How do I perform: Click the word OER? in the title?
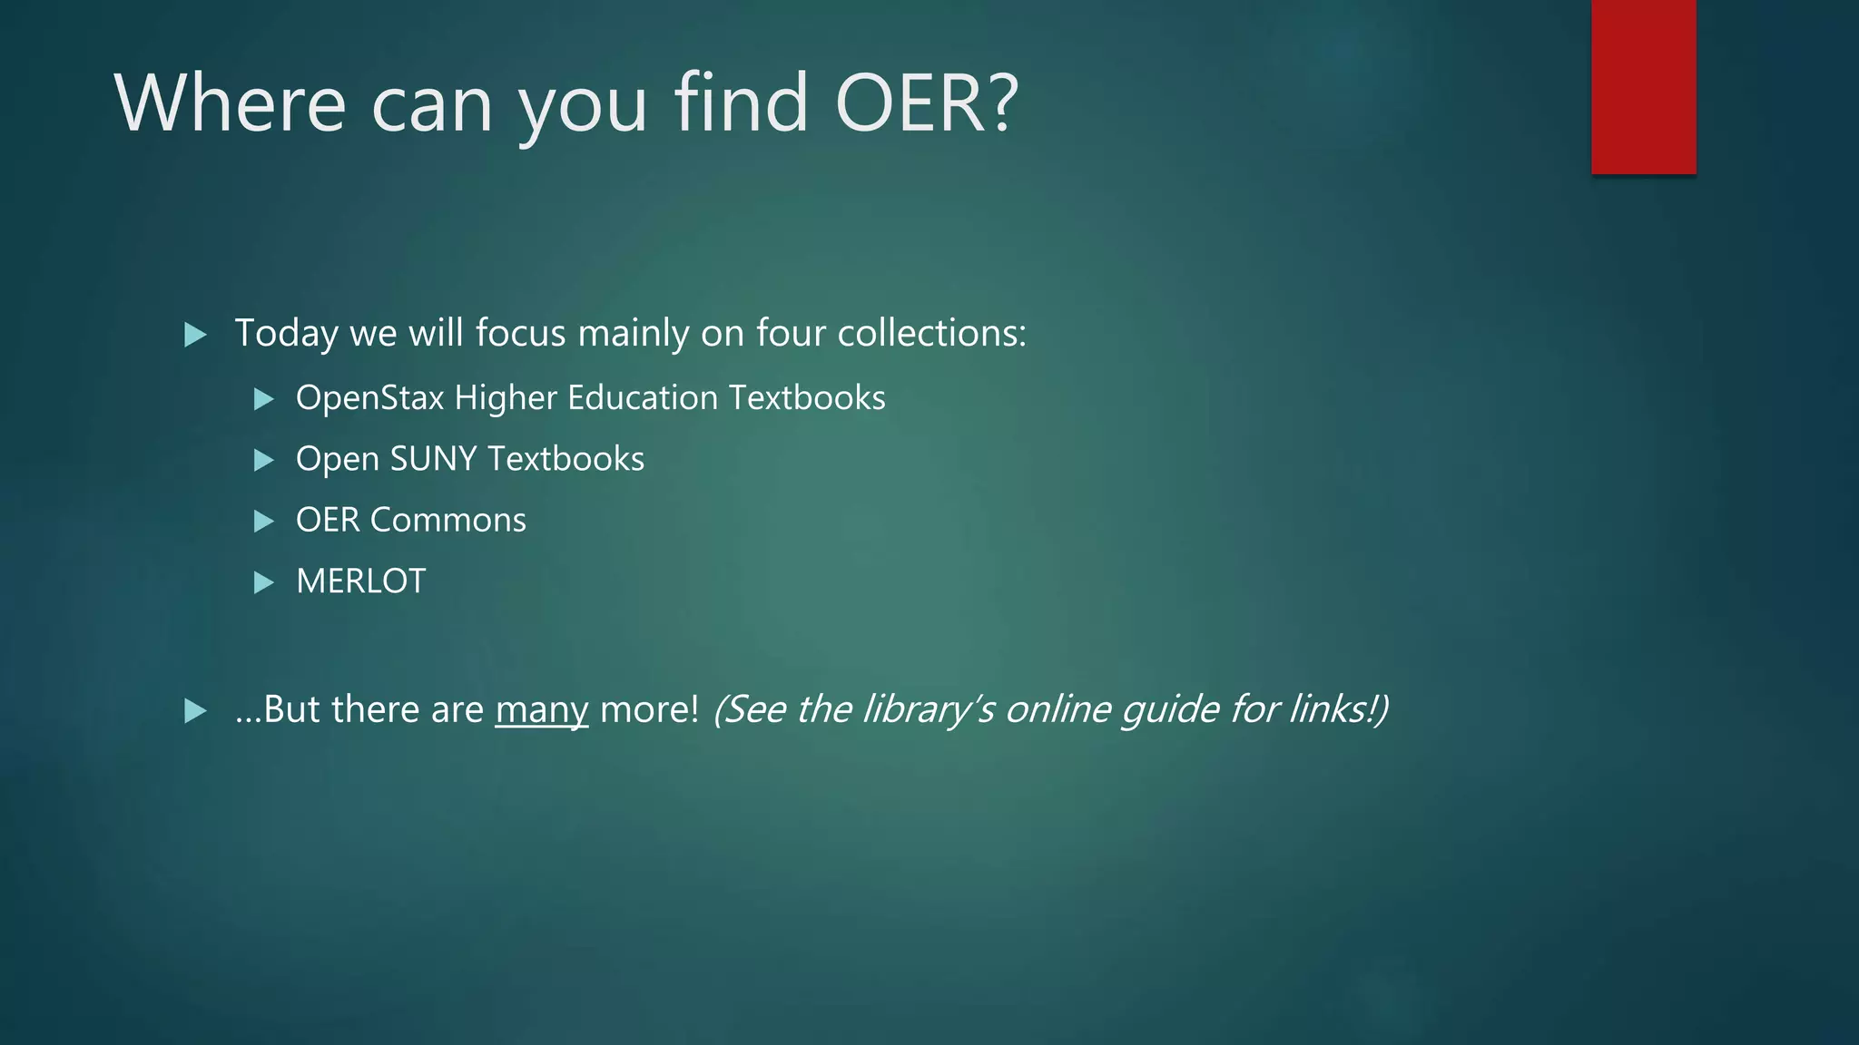tap(927, 103)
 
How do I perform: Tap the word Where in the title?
tap(230, 103)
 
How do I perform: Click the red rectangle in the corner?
tap(1643, 87)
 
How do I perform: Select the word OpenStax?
tap(369, 398)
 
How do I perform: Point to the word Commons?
tap(448, 520)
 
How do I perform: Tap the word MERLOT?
tap(360, 581)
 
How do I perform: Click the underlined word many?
tap(542, 709)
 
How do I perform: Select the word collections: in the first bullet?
tap(931, 333)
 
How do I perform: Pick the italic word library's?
tap(928, 709)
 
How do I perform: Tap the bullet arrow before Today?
tap(195, 335)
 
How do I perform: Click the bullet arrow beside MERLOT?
tap(263, 582)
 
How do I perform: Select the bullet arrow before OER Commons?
tap(263, 521)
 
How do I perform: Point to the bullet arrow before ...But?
tap(195, 710)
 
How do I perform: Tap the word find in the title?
tap(741, 103)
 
